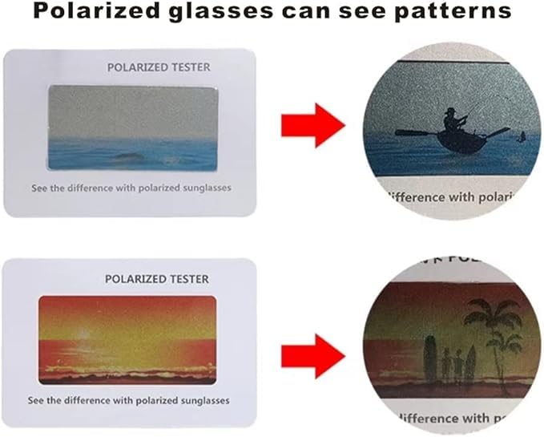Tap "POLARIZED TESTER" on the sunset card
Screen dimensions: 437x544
(x=157, y=279)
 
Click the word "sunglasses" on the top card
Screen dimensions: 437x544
(x=203, y=188)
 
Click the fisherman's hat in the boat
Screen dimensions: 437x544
(x=451, y=111)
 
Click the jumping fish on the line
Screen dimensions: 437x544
(x=522, y=136)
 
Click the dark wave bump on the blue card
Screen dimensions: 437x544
(x=128, y=156)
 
